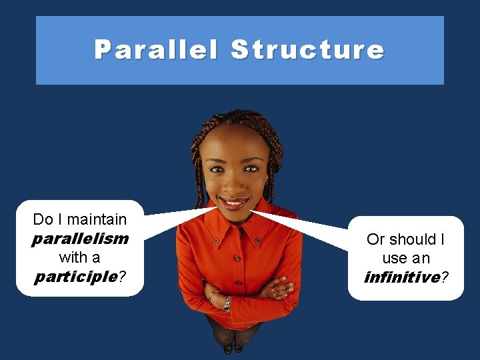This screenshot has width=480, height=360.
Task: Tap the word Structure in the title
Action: (x=307, y=50)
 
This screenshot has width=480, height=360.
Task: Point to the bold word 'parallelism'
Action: (x=80, y=238)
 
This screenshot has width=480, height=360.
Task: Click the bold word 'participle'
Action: (x=76, y=276)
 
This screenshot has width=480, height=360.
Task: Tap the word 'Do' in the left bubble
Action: (x=42, y=219)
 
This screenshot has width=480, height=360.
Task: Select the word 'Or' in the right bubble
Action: (x=375, y=239)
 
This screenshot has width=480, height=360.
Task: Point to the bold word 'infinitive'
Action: (x=402, y=277)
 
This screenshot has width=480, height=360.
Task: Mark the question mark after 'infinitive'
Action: (x=445, y=277)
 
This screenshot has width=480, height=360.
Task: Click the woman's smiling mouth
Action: (x=234, y=202)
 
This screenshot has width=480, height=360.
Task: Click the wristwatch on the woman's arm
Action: (x=227, y=303)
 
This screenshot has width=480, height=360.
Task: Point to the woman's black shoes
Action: (x=233, y=347)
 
